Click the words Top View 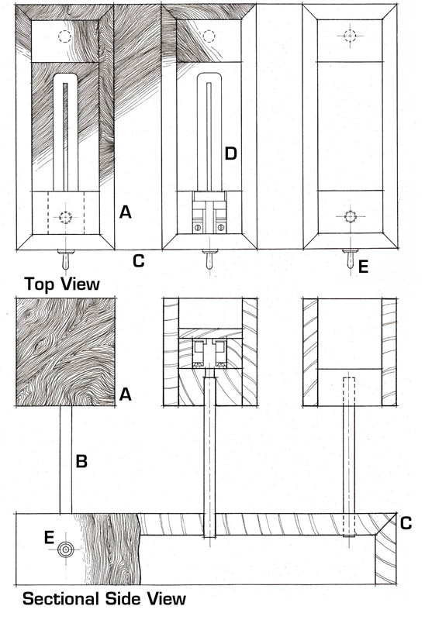click(x=62, y=284)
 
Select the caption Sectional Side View click(x=104, y=598)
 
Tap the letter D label click(x=230, y=153)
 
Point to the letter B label click(x=81, y=461)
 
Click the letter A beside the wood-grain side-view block click(x=125, y=394)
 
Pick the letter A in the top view click(x=125, y=212)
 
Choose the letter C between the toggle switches click(x=139, y=261)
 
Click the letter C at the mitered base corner click(x=406, y=522)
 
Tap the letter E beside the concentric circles click(x=49, y=538)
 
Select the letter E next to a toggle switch click(x=363, y=267)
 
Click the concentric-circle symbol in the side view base click(x=66, y=549)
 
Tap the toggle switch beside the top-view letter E click(x=351, y=258)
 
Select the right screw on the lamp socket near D click(x=221, y=227)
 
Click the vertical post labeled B click(x=66, y=460)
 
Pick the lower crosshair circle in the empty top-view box click(x=350, y=217)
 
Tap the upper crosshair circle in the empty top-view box click(x=350, y=36)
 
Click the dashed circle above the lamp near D click(x=209, y=36)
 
